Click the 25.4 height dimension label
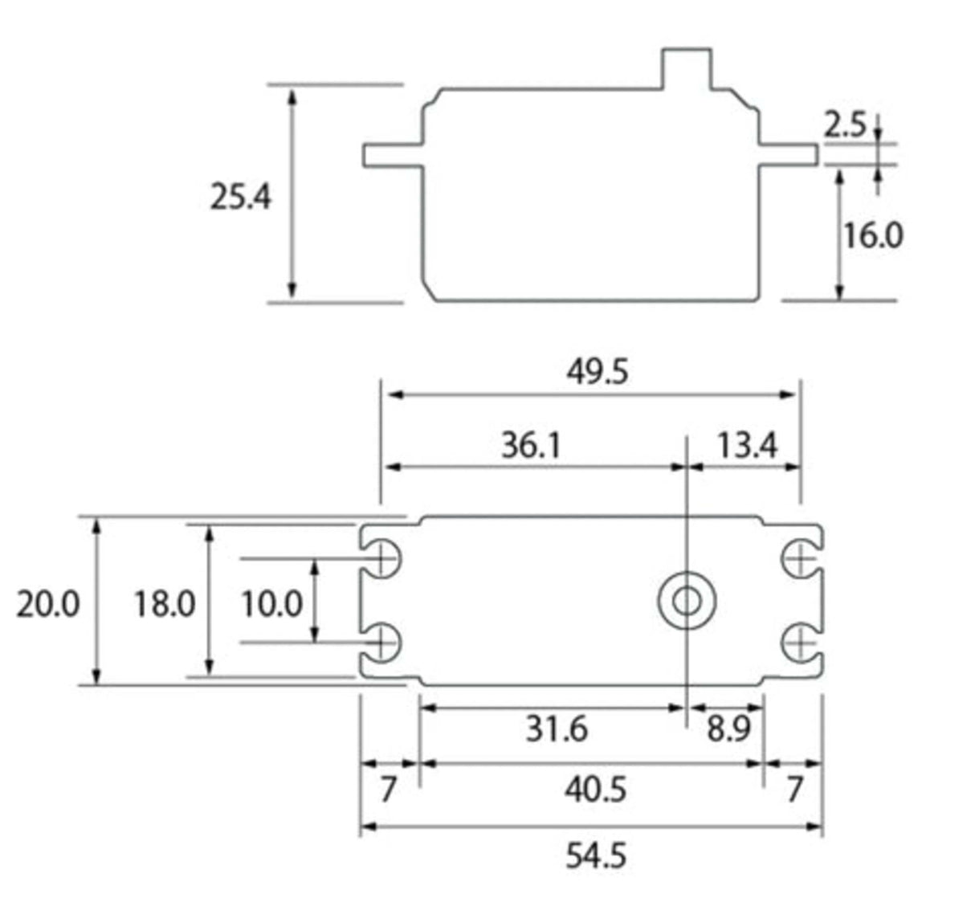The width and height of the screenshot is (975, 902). point(241,197)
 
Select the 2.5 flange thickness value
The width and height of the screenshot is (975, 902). point(845,125)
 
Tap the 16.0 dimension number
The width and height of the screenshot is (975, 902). point(872,235)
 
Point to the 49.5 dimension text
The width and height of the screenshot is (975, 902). point(597,372)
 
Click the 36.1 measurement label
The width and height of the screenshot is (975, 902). point(530,444)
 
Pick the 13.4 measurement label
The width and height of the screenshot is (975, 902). point(747,444)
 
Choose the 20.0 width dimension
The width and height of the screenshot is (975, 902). point(48,604)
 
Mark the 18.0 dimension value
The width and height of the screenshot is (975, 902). point(164,604)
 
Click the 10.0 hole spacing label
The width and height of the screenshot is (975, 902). point(271,604)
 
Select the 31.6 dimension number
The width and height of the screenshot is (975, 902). point(557,729)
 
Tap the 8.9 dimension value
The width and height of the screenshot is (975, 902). point(728,729)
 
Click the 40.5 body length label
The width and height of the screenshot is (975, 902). point(594,790)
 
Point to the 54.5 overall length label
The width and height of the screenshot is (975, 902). point(595,855)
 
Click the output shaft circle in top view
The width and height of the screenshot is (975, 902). point(687,601)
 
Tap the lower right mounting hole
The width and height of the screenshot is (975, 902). point(800,643)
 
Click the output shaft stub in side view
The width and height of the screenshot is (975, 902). point(686,69)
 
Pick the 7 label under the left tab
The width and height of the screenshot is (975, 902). point(388,790)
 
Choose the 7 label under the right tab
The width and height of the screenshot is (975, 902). point(794,790)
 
